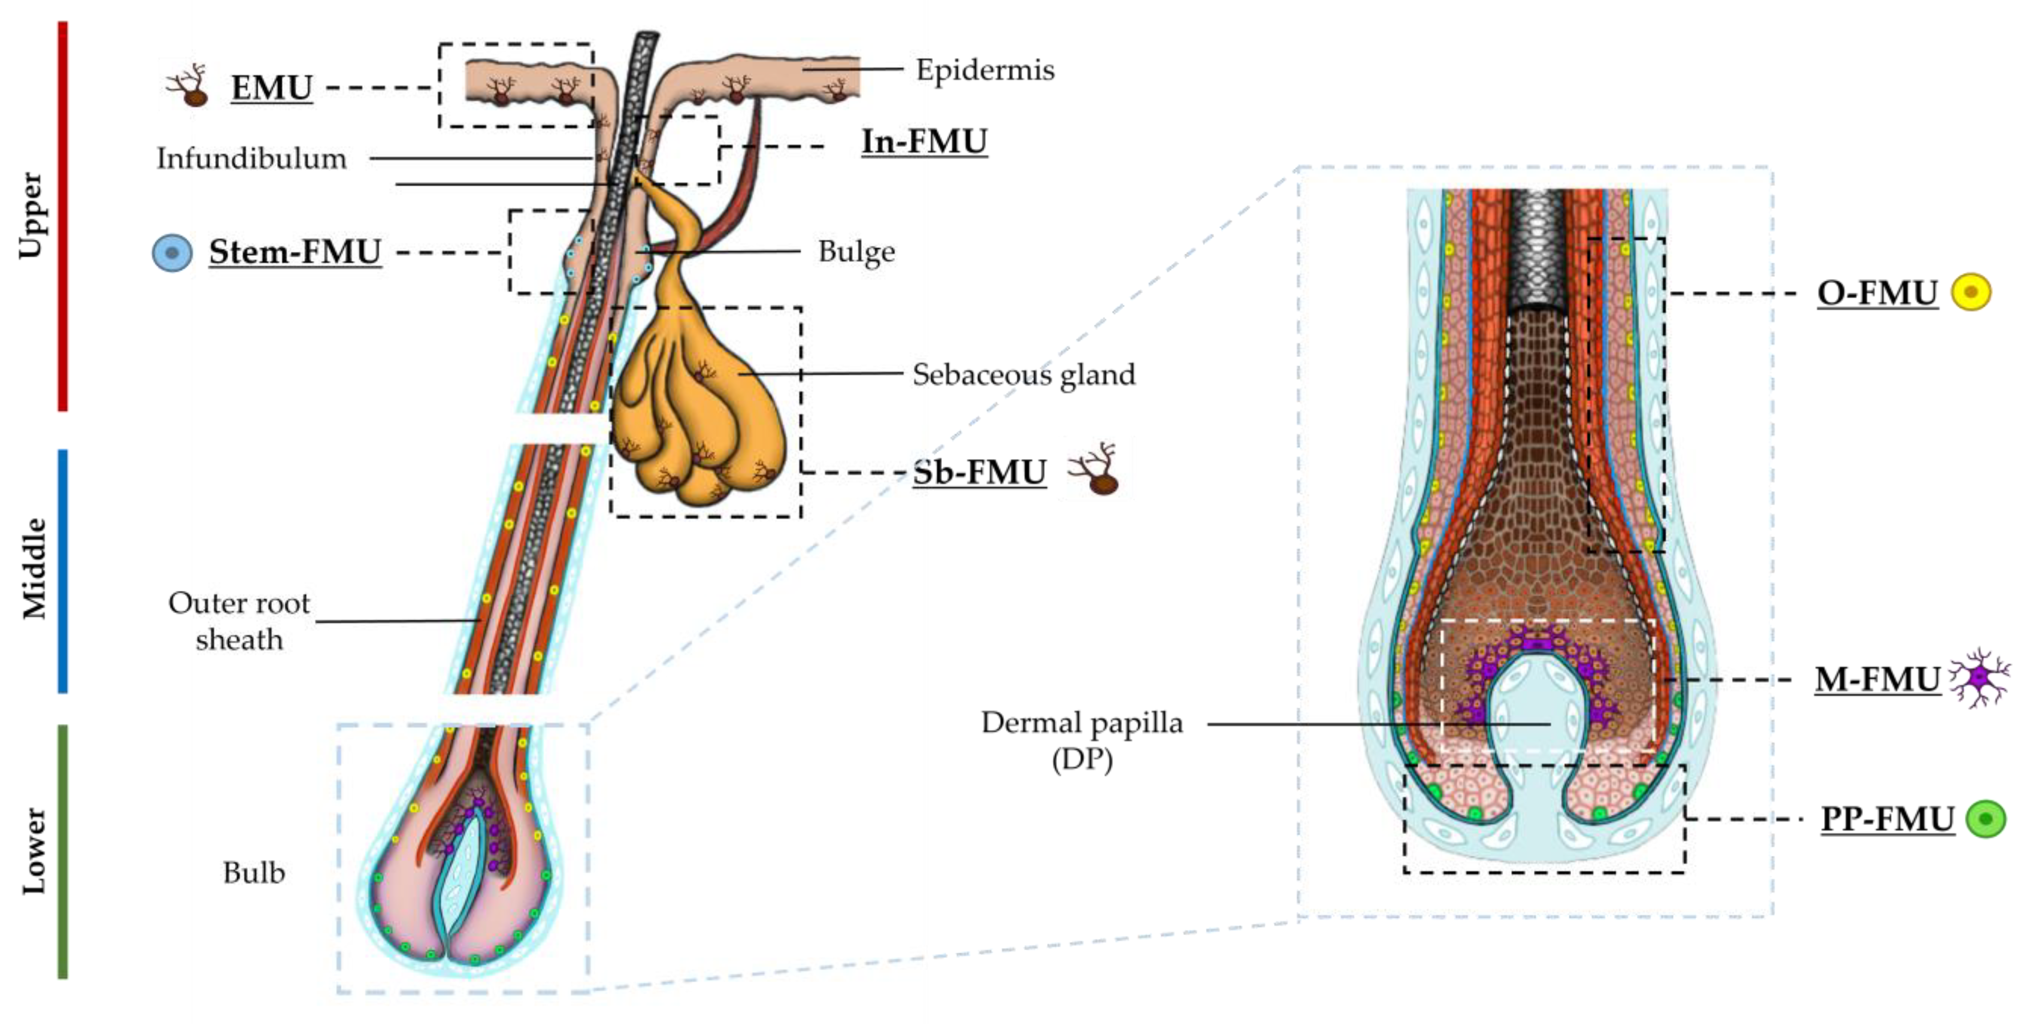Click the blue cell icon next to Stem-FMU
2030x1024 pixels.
point(172,253)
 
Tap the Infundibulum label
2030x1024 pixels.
point(251,158)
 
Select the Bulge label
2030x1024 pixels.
point(856,251)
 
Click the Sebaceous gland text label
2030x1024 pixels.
point(1023,374)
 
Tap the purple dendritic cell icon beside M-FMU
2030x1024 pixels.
point(1980,678)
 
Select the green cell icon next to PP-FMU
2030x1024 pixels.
point(1985,818)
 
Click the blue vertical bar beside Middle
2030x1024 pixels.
point(63,571)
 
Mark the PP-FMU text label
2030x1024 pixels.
point(1887,819)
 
